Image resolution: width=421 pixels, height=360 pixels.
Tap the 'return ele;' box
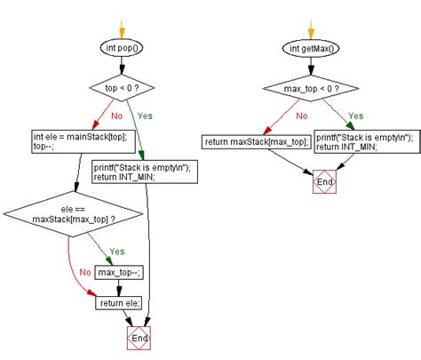pyautogui.click(x=119, y=302)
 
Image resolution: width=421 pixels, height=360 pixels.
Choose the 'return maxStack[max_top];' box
pyautogui.click(x=256, y=141)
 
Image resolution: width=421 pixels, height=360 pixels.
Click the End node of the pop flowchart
pyautogui.click(x=140, y=340)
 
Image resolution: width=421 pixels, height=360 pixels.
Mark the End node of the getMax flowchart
pyautogui.click(x=323, y=184)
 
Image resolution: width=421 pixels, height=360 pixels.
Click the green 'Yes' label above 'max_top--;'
pyautogui.click(x=116, y=251)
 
